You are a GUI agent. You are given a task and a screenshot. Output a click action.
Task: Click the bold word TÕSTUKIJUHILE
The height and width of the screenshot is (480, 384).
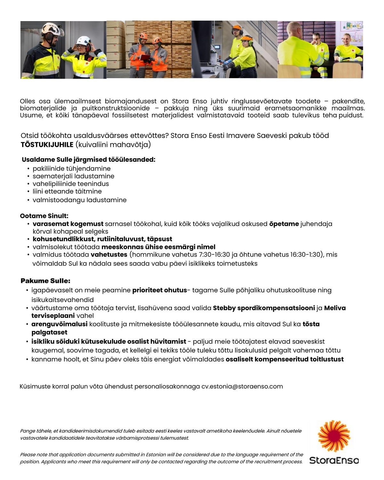(x=47, y=145)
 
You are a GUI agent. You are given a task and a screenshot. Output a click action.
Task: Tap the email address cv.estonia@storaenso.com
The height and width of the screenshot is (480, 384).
(x=242, y=386)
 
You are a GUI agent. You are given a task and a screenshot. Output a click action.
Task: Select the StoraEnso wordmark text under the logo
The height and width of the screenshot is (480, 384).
(x=334, y=460)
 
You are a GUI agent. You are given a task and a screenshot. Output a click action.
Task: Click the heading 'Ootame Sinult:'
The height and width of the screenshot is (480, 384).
(x=44, y=216)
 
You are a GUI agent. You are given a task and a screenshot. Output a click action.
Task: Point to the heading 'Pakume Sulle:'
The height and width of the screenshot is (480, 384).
(x=45, y=281)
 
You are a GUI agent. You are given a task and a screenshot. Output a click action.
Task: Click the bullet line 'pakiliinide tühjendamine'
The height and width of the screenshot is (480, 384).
(x=71, y=169)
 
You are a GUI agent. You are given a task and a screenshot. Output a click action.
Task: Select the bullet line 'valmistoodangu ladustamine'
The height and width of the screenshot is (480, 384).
(x=79, y=200)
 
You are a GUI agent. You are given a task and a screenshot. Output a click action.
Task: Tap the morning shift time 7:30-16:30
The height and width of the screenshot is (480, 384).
(x=214, y=255)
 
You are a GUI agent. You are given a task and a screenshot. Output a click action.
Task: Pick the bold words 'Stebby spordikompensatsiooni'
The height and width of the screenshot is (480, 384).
(x=264, y=308)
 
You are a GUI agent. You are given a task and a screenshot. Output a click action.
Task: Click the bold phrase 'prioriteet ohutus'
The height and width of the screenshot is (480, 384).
(x=159, y=290)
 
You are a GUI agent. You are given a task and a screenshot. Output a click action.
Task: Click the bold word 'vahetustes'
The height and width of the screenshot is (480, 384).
(x=109, y=255)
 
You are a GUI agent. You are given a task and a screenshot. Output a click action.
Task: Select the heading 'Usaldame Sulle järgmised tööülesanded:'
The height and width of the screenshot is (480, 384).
(x=88, y=160)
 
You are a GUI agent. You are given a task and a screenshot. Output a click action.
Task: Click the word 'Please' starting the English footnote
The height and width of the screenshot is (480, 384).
(x=28, y=454)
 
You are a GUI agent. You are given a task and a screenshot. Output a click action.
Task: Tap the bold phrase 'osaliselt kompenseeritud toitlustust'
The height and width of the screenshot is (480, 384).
(x=284, y=359)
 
